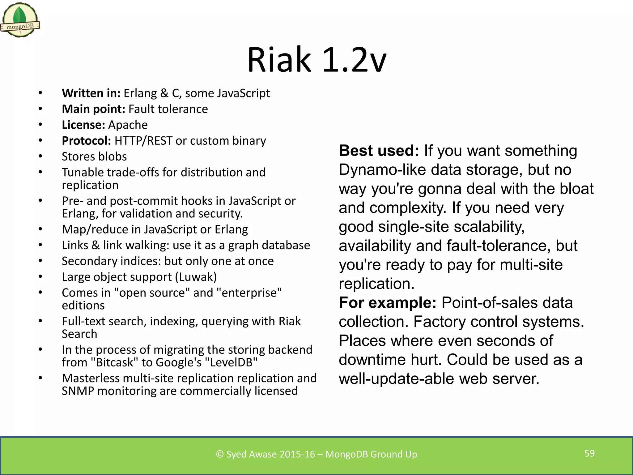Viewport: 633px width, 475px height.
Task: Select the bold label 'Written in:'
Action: click(91, 93)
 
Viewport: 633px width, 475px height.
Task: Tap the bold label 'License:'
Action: click(83, 125)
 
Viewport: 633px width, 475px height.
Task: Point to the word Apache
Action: click(128, 125)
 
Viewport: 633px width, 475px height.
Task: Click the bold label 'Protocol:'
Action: click(86, 141)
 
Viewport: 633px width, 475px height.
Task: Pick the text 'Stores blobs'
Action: click(94, 156)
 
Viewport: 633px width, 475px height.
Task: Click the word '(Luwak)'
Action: click(196, 277)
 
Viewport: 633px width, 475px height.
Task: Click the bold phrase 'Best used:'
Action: click(379, 151)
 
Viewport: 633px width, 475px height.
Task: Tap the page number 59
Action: click(589, 453)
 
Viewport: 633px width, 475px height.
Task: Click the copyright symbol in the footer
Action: click(220, 454)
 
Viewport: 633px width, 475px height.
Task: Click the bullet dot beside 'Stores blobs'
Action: click(40, 156)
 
